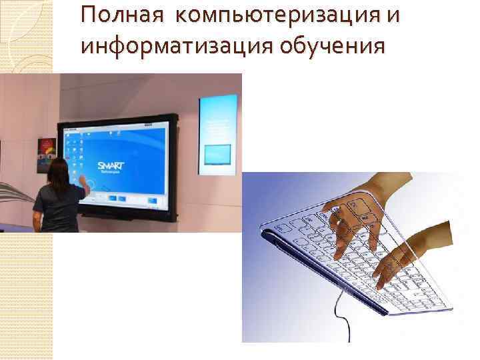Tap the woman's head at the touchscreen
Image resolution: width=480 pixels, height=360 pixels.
click(57, 170)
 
